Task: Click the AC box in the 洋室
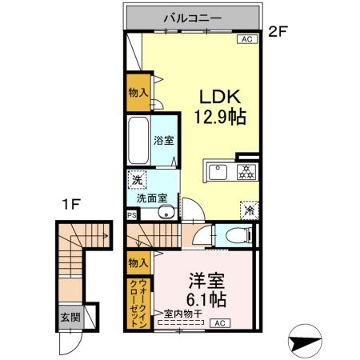220,323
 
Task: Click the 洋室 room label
206,281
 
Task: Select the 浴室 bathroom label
163,139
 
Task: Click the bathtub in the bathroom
139,140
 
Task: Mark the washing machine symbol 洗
137,179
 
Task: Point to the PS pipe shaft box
131,214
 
